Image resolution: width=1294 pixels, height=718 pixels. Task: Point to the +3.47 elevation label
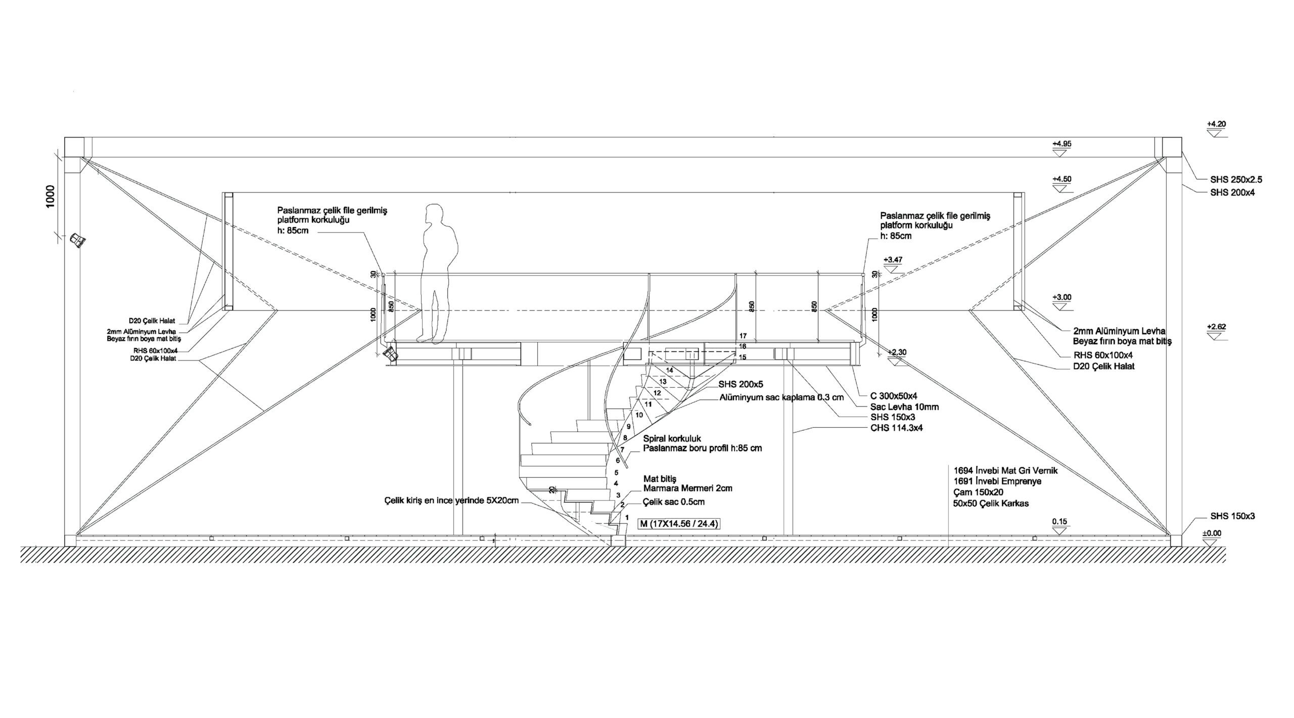point(893,259)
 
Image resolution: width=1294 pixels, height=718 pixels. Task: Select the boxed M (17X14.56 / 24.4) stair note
point(679,524)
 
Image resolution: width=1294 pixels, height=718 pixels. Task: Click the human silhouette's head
point(434,212)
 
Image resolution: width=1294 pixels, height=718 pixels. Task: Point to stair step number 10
point(639,415)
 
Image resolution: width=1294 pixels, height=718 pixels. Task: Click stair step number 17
point(743,336)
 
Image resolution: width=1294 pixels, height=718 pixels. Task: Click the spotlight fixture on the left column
point(77,241)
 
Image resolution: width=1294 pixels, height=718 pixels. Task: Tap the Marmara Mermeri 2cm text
point(688,488)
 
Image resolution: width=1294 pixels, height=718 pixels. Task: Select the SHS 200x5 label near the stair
point(741,385)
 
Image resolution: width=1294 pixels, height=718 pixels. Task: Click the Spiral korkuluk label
point(672,438)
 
